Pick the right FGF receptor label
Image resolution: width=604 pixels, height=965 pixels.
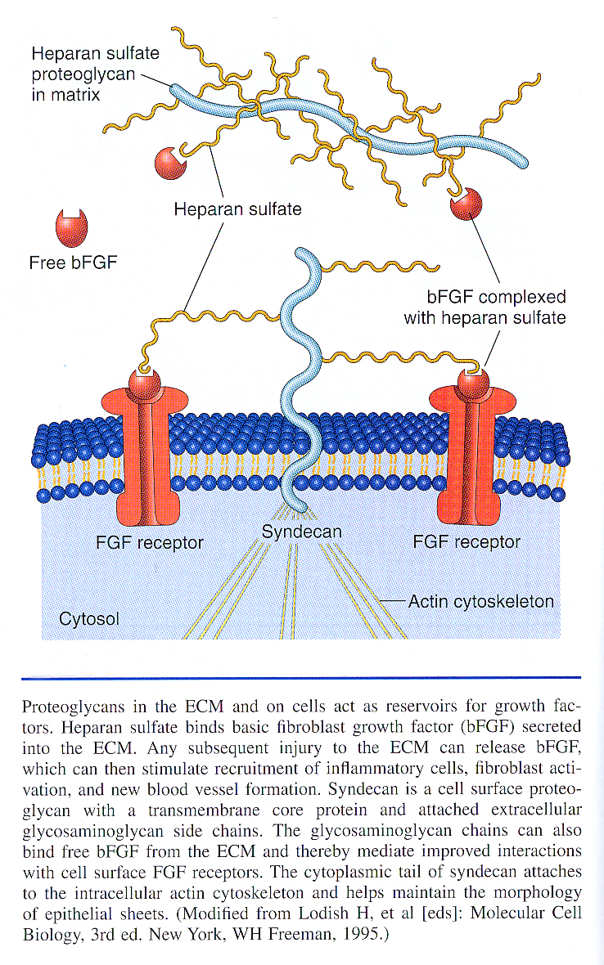click(x=467, y=541)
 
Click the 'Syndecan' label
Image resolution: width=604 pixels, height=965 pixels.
click(x=301, y=532)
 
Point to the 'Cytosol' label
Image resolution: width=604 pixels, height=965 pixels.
click(x=89, y=618)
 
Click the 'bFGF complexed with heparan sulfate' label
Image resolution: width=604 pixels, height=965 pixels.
click(x=485, y=307)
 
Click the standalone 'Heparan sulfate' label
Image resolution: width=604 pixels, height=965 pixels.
click(x=237, y=209)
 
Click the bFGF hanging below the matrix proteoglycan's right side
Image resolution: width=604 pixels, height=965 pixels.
click(x=467, y=204)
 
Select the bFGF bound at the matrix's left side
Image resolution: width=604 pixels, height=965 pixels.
click(x=170, y=161)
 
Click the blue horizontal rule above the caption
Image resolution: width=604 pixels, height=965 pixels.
click(x=301, y=677)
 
